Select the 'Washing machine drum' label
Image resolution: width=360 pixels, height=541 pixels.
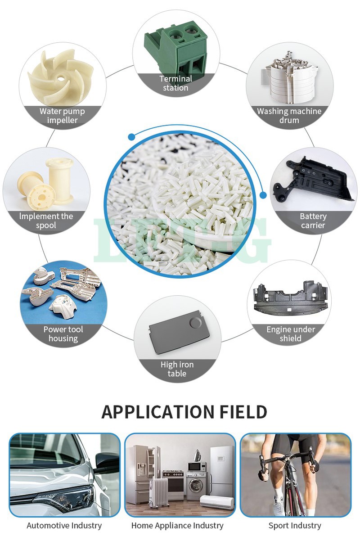click(x=289, y=116)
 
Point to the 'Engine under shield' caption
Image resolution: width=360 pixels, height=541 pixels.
click(x=290, y=334)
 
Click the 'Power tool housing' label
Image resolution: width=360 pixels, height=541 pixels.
click(x=63, y=334)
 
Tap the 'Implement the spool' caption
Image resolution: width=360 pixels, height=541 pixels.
click(x=46, y=221)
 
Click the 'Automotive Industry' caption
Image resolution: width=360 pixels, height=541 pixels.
click(x=64, y=525)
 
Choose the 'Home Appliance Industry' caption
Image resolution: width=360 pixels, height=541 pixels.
click(x=177, y=525)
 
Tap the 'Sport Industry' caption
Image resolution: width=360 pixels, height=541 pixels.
click(x=295, y=525)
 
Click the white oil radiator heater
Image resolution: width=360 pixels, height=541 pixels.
click(x=158, y=493)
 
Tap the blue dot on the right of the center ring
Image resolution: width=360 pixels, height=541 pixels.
click(x=263, y=194)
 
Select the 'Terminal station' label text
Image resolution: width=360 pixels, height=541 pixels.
click(x=175, y=83)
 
